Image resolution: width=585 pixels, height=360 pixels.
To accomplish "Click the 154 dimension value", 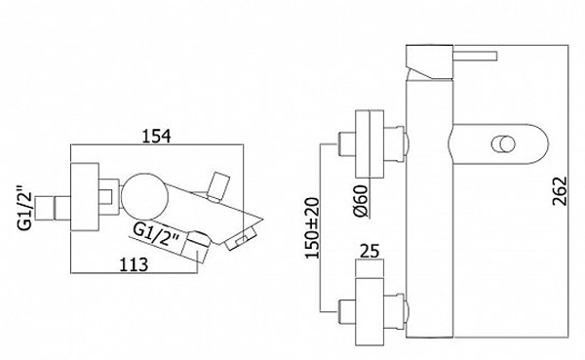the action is click(157, 136).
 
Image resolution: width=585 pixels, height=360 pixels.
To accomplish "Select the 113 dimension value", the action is click(134, 264).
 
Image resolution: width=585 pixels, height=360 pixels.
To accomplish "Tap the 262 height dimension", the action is click(560, 191).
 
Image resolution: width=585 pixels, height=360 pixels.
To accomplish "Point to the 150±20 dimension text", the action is click(312, 227).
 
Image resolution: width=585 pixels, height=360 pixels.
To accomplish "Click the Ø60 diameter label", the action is click(361, 201).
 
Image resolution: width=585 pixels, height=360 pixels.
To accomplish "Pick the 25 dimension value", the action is click(370, 251).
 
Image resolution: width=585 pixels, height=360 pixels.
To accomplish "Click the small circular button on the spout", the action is click(503, 144).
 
